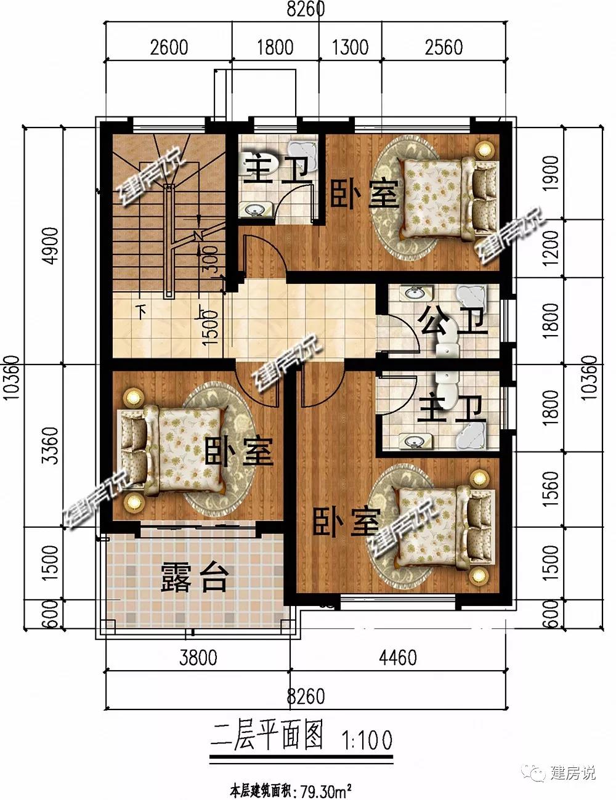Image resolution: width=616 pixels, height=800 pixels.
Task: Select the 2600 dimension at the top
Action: (169, 47)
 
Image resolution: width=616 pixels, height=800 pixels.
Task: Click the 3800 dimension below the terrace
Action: (198, 657)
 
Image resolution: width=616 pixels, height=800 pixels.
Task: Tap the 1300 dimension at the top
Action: (350, 47)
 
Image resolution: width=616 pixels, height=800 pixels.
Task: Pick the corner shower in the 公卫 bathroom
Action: (471, 295)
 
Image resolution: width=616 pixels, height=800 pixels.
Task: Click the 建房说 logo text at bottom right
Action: (572, 772)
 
